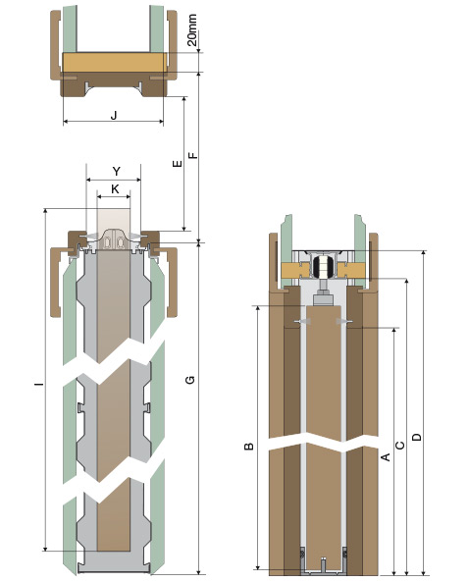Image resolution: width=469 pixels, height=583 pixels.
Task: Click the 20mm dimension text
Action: click(192, 30)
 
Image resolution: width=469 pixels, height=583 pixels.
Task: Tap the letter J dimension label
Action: click(114, 115)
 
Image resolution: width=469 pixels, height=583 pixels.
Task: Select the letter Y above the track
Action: click(117, 172)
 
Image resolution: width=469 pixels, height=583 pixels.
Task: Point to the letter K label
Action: click(115, 189)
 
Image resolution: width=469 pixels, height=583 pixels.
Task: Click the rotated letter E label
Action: click(178, 163)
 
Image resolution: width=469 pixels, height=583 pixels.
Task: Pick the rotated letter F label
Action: click(193, 155)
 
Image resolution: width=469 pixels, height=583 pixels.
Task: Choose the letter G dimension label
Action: click(190, 380)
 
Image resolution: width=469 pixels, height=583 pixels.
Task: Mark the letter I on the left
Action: click(39, 383)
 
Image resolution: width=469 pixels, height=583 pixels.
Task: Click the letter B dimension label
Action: click(249, 447)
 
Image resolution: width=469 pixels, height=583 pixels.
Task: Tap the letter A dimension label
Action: click(387, 456)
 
